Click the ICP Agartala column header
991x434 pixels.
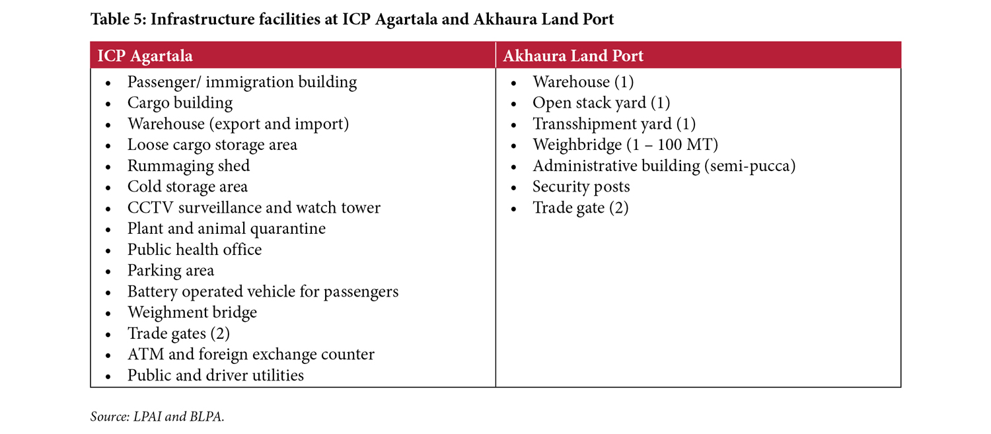[145, 56]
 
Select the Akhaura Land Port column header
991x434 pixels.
[573, 56]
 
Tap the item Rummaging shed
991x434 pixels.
[188, 166]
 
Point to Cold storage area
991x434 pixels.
[187, 187]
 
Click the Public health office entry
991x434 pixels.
[194, 250]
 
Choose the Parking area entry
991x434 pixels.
[170, 271]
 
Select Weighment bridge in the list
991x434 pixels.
[192, 312]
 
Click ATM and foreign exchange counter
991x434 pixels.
[250, 355]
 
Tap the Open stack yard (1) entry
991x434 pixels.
[601, 103]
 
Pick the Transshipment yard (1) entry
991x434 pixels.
[614, 124]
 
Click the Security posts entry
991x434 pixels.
[581, 187]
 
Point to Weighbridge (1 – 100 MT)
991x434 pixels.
[625, 145]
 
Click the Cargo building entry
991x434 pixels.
[180, 103]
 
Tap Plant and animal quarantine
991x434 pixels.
[226, 229]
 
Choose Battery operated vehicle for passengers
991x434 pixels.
[262, 291]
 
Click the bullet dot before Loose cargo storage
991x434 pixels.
[108, 146]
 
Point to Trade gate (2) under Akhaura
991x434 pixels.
[580, 208]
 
